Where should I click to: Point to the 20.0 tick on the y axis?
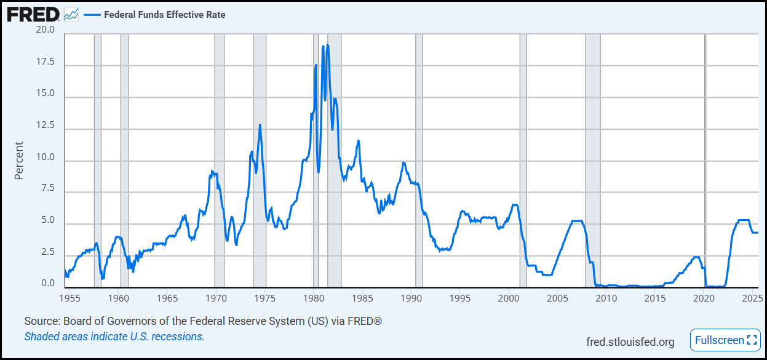pyautogui.click(x=46, y=30)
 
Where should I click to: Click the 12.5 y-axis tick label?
pyautogui.click(x=46, y=126)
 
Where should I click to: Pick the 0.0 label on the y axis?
pyautogui.click(x=48, y=284)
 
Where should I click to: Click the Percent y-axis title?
pyautogui.click(x=19, y=161)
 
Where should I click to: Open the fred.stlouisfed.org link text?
pyautogui.click(x=630, y=342)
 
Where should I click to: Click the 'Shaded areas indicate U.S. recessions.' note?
pyautogui.click(x=114, y=337)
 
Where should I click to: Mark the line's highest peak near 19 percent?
pyautogui.click(x=327, y=45)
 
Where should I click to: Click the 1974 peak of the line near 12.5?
pyautogui.click(x=260, y=125)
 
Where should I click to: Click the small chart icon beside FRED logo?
pyautogui.click(x=71, y=14)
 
